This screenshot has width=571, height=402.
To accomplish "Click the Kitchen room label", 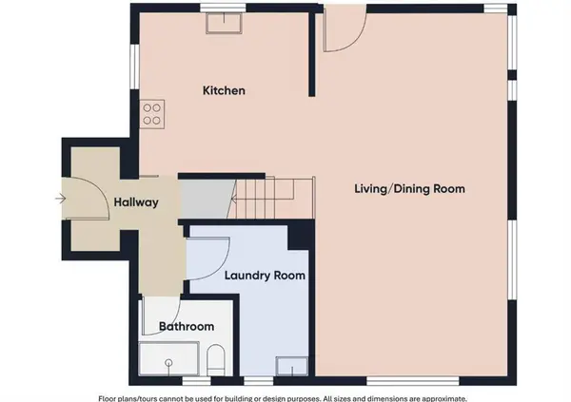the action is [x=224, y=90].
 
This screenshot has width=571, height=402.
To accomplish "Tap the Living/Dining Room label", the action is [x=409, y=189].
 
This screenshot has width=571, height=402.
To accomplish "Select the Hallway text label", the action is [x=136, y=202].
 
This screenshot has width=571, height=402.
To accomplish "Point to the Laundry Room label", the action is [x=265, y=276].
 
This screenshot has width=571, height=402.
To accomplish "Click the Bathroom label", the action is [x=187, y=326].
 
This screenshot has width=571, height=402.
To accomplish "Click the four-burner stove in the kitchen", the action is [x=152, y=114].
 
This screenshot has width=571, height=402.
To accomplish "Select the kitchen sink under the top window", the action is [x=225, y=23].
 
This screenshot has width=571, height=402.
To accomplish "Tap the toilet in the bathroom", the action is [x=216, y=359].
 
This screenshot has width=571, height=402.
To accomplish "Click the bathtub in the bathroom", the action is [x=168, y=358].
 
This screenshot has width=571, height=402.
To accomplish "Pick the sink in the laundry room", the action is [x=292, y=366].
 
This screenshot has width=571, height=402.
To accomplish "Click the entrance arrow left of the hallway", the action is [x=61, y=199].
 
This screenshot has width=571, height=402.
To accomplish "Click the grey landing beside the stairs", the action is [x=207, y=199].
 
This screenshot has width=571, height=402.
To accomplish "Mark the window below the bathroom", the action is [x=196, y=381].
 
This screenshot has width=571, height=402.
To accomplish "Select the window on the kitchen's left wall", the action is [x=134, y=67].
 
